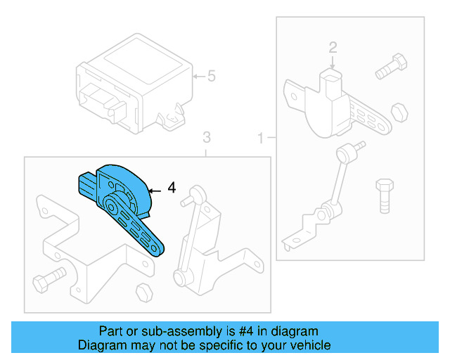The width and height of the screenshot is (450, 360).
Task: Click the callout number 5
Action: pyautogui.click(x=211, y=75)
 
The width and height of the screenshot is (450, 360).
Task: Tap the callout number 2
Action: pyautogui.click(x=333, y=48)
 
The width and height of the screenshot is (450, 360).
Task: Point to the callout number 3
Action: pyautogui.click(x=206, y=136)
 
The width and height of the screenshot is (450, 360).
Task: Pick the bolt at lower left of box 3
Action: pyautogui.click(x=49, y=280)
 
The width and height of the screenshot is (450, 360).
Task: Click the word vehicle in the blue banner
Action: pyautogui.click(x=309, y=345)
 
